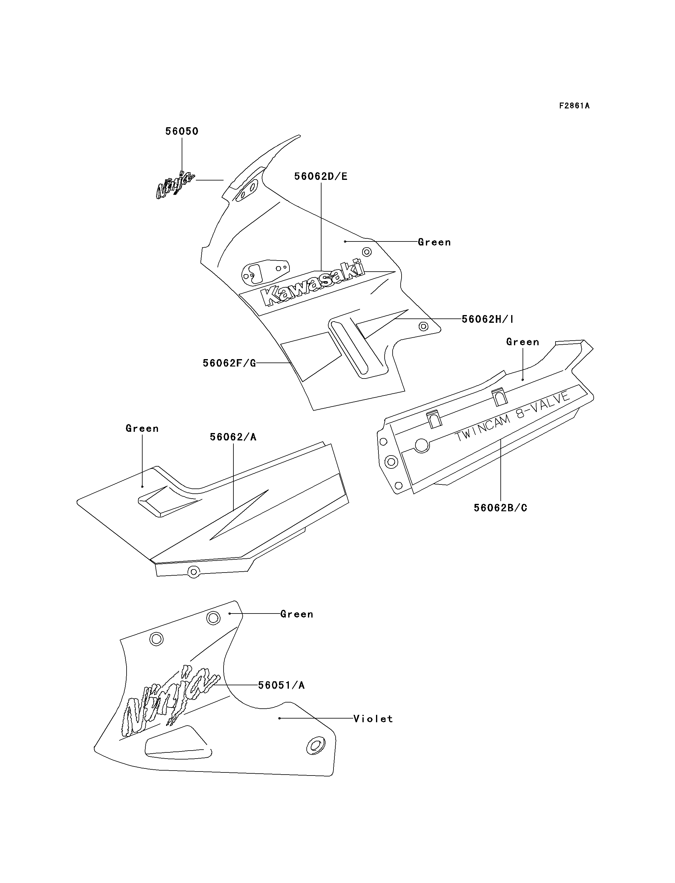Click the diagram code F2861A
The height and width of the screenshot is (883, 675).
(x=574, y=106)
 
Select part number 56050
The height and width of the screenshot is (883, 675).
(x=182, y=132)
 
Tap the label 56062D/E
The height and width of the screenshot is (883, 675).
(x=321, y=176)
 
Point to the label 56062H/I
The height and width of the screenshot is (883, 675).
(x=487, y=319)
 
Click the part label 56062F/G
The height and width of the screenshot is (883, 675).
(x=229, y=363)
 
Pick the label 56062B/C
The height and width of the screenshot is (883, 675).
(x=500, y=508)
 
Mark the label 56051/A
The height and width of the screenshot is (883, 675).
(x=281, y=685)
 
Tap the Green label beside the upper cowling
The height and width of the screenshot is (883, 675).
(x=434, y=242)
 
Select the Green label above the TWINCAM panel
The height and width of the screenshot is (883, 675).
(x=522, y=342)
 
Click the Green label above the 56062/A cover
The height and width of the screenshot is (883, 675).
(x=142, y=428)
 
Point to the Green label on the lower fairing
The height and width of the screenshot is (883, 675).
(x=297, y=614)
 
